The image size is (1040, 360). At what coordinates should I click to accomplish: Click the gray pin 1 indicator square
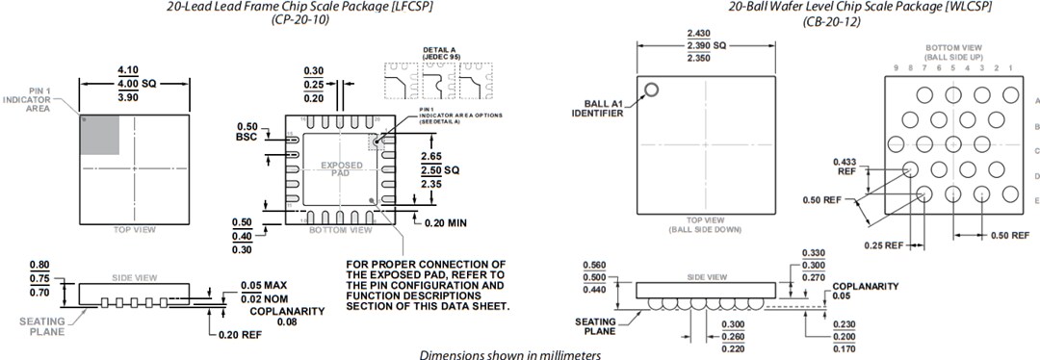click(x=98, y=134)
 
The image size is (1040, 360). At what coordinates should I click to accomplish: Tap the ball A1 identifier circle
click(x=651, y=90)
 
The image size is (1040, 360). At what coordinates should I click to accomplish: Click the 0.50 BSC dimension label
click(x=247, y=132)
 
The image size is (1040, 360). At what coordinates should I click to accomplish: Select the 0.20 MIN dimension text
click(x=445, y=222)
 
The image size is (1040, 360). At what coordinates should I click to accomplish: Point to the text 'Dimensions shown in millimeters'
click(x=509, y=353)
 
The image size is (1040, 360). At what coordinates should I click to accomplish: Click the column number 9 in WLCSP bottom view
click(x=895, y=67)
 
